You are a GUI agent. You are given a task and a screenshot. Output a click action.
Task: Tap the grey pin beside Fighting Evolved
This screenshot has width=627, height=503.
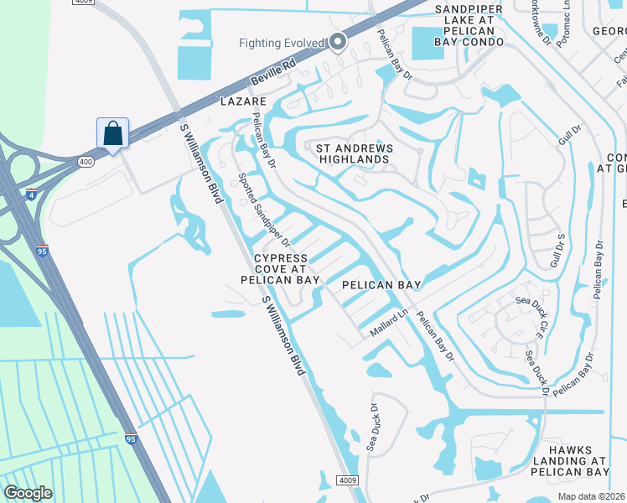(338, 41)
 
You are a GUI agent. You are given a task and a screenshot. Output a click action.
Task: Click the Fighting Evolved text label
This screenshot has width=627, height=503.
(281, 43)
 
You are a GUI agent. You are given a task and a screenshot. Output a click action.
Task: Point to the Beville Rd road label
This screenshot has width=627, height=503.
(273, 74)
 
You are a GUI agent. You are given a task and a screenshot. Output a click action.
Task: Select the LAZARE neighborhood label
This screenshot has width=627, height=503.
(242, 101)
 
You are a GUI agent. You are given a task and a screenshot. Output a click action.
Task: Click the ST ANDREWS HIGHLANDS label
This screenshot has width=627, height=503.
(353, 153)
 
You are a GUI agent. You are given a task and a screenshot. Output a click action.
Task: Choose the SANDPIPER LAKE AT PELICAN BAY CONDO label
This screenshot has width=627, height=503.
(457, 25)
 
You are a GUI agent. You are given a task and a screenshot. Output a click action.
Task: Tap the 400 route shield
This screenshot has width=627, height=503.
(86, 160)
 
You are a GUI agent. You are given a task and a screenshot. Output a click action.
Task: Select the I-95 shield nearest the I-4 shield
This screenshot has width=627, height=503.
(43, 249)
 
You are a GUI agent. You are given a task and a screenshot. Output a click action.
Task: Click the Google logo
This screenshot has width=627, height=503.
(28, 492)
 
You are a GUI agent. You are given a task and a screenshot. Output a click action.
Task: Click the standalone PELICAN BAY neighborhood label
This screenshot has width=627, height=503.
(381, 285)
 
